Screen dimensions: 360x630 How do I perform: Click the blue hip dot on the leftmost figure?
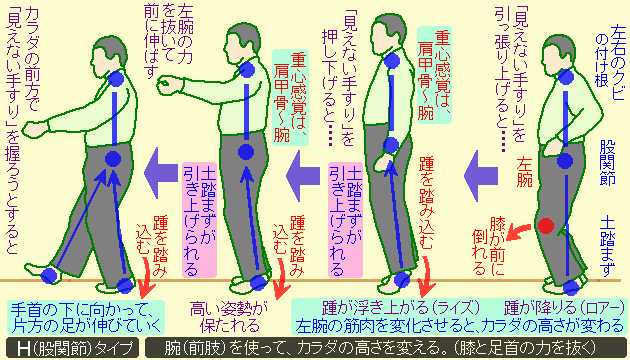pyautogui.click(x=113, y=158)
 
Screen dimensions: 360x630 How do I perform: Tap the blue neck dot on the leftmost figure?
pyautogui.click(x=117, y=78)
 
